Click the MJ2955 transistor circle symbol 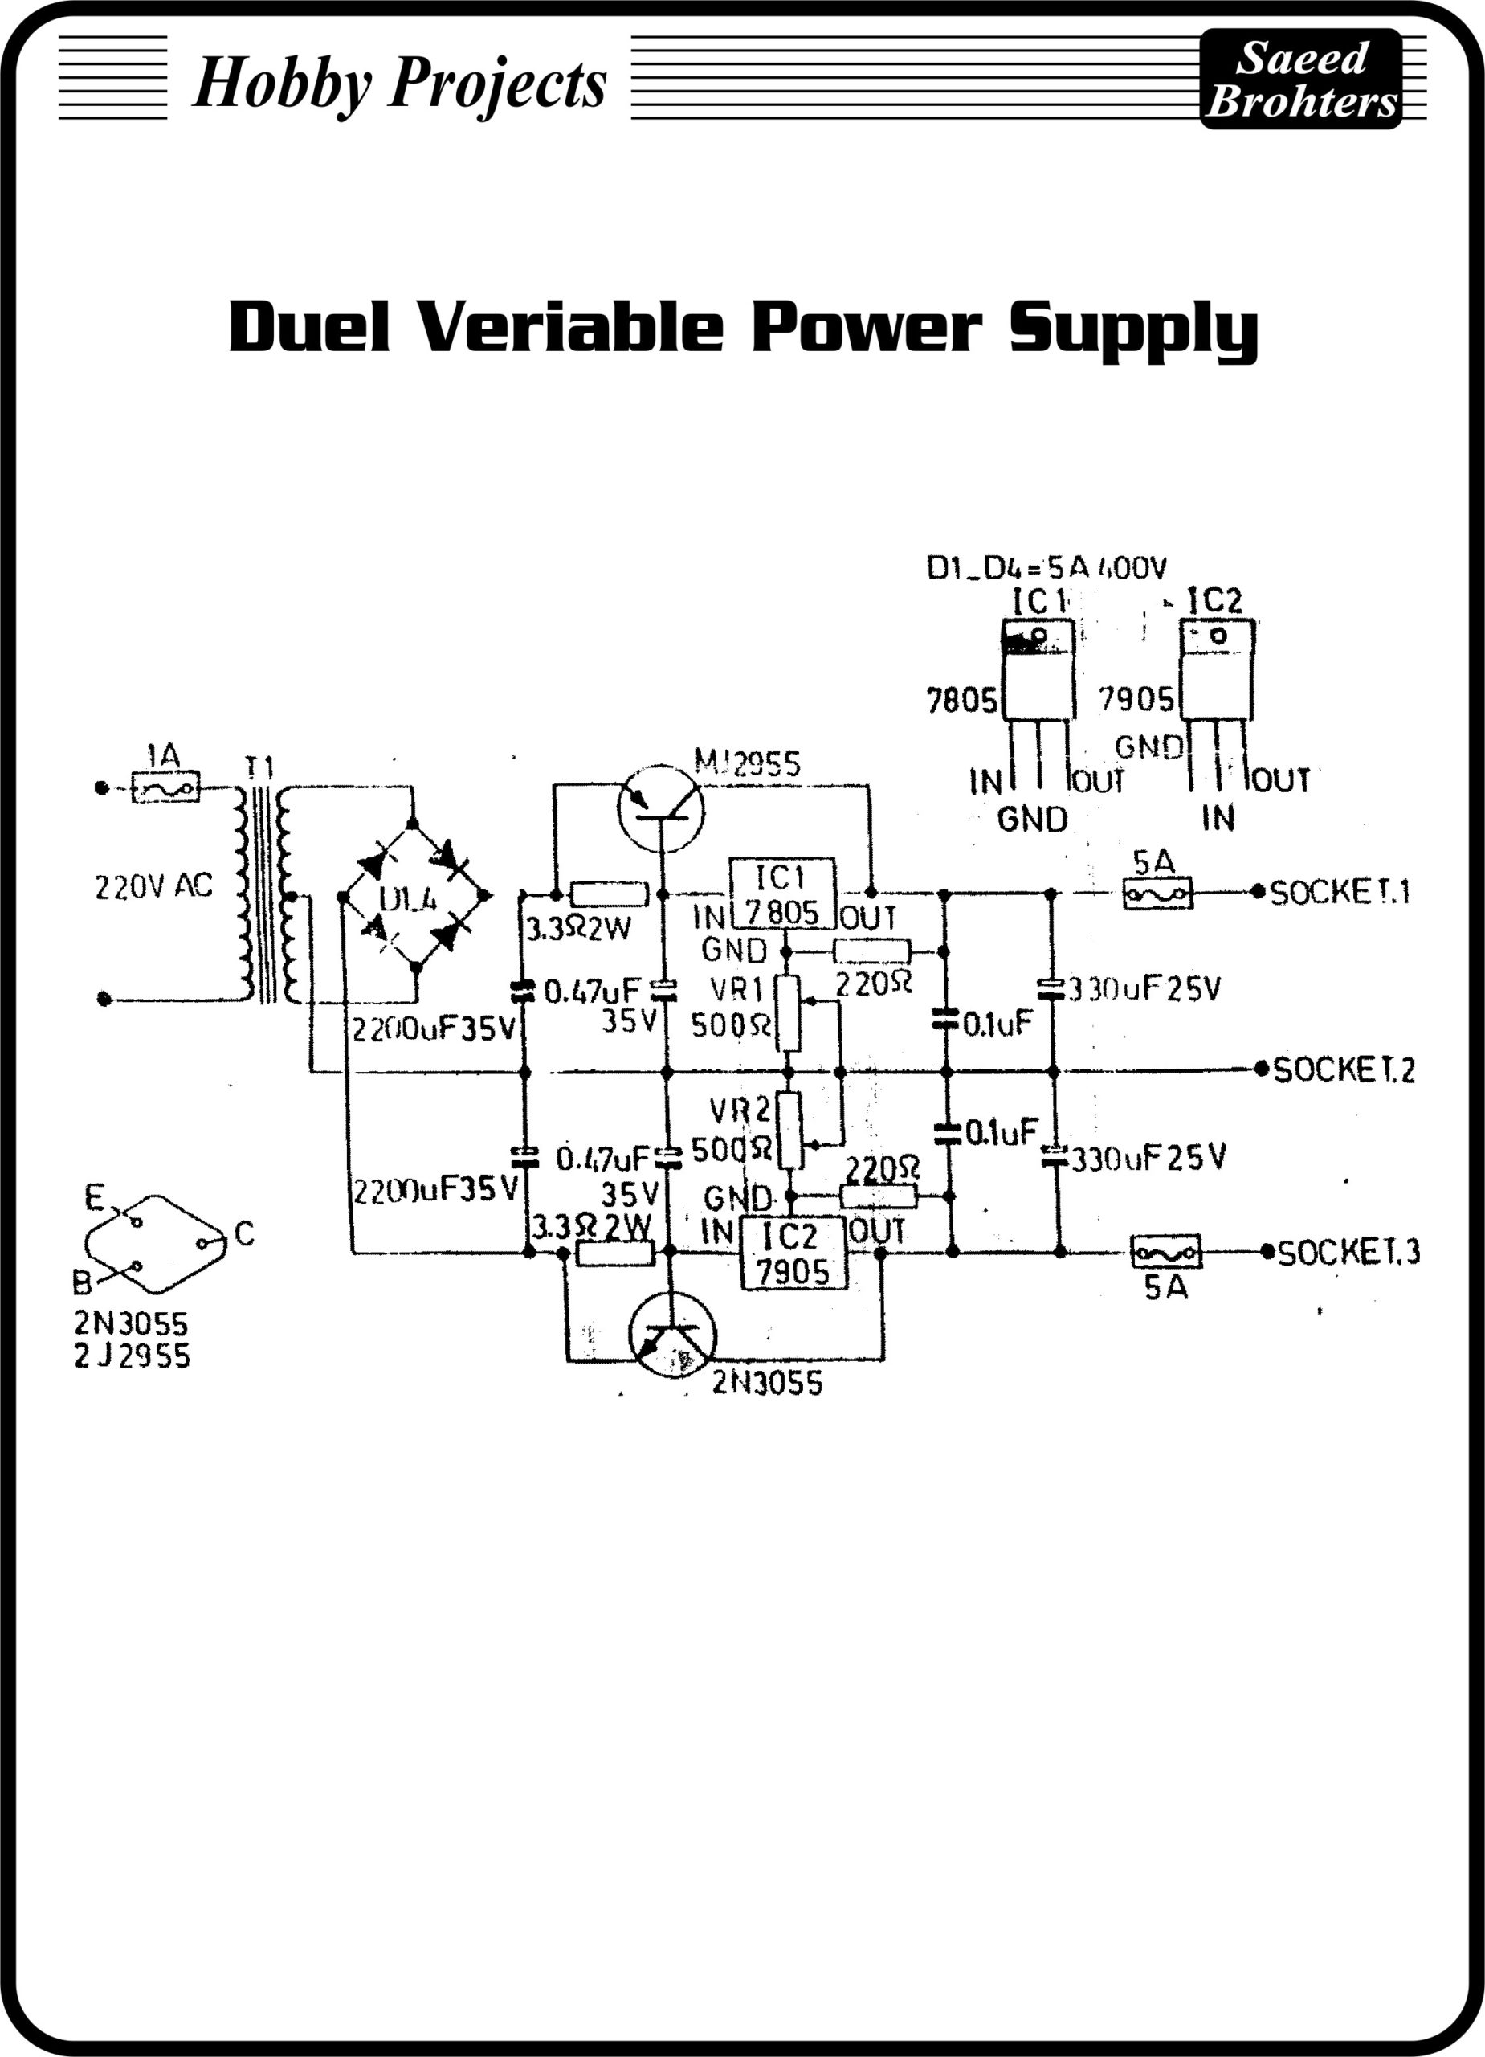(x=661, y=808)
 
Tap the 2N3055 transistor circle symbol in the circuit (x=671, y=1335)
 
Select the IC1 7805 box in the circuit (x=782, y=894)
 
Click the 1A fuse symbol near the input (x=166, y=787)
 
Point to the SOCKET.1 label (x=1340, y=893)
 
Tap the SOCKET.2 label (x=1344, y=1070)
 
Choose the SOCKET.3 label (x=1348, y=1253)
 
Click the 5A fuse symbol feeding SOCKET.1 (x=1157, y=894)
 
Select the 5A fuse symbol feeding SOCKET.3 (x=1166, y=1253)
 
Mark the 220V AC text (x=153, y=886)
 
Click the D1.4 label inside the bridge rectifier (x=407, y=900)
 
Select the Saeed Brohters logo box (x=1300, y=79)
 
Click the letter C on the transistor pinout (x=244, y=1233)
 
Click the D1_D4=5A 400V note (x=1046, y=569)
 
